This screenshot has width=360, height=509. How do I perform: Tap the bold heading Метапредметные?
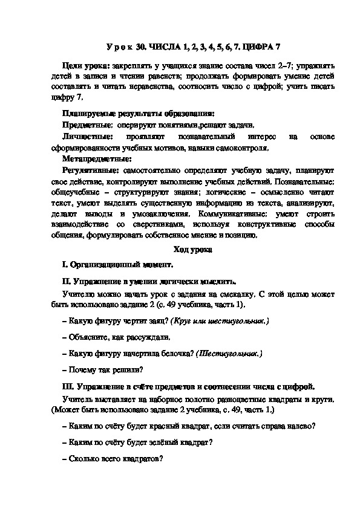[97, 160]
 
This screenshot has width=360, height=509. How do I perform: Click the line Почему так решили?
[103, 369]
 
